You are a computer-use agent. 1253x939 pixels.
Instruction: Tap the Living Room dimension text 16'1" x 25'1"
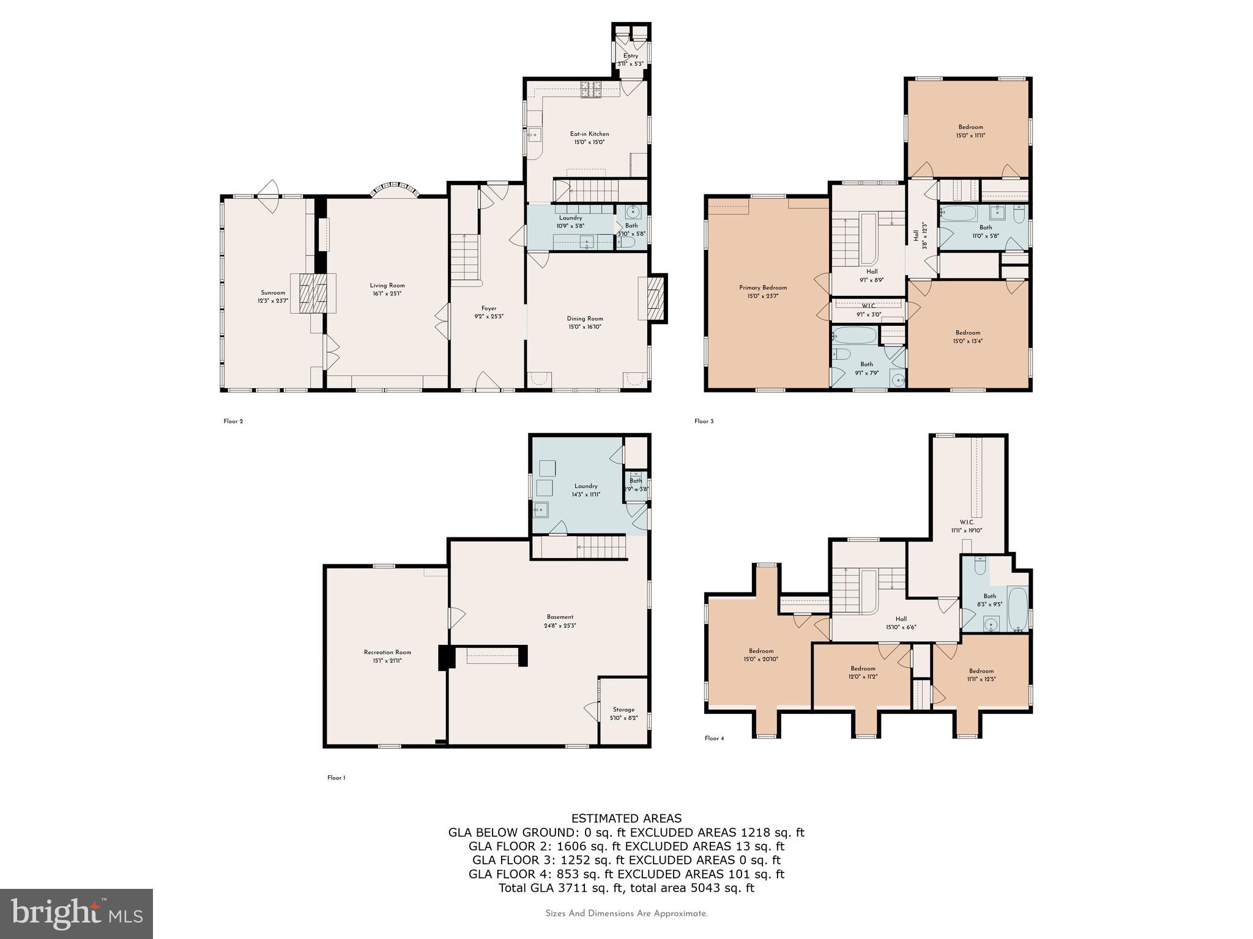(387, 294)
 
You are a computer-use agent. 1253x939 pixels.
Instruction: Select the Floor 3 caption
(704, 421)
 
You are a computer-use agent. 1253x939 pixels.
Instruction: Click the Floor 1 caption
(336, 778)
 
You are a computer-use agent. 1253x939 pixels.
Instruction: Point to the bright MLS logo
(76, 914)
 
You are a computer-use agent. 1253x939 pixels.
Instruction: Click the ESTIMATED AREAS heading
(626, 819)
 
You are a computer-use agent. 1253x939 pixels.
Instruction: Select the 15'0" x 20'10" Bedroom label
(760, 655)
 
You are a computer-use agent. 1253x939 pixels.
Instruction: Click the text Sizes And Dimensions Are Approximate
(626, 914)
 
